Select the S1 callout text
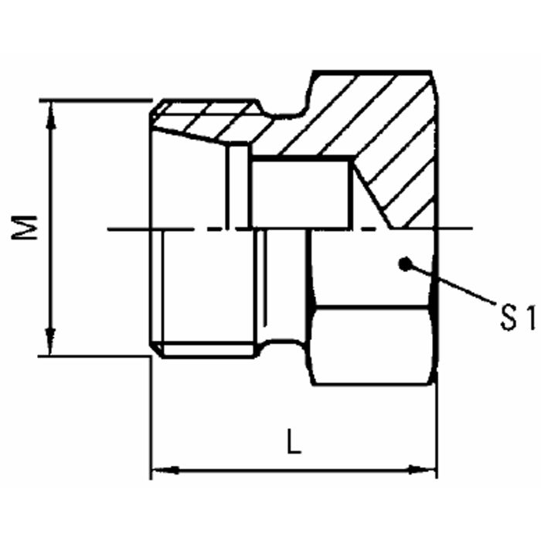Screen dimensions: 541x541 coord(515,318)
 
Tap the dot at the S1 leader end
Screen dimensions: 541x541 coord(402,264)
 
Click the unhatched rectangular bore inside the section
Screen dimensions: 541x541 coord(301,193)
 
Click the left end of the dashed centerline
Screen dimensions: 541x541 coord(112,229)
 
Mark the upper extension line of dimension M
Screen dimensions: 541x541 coord(93,100)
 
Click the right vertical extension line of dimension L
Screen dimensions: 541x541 coord(437,433)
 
